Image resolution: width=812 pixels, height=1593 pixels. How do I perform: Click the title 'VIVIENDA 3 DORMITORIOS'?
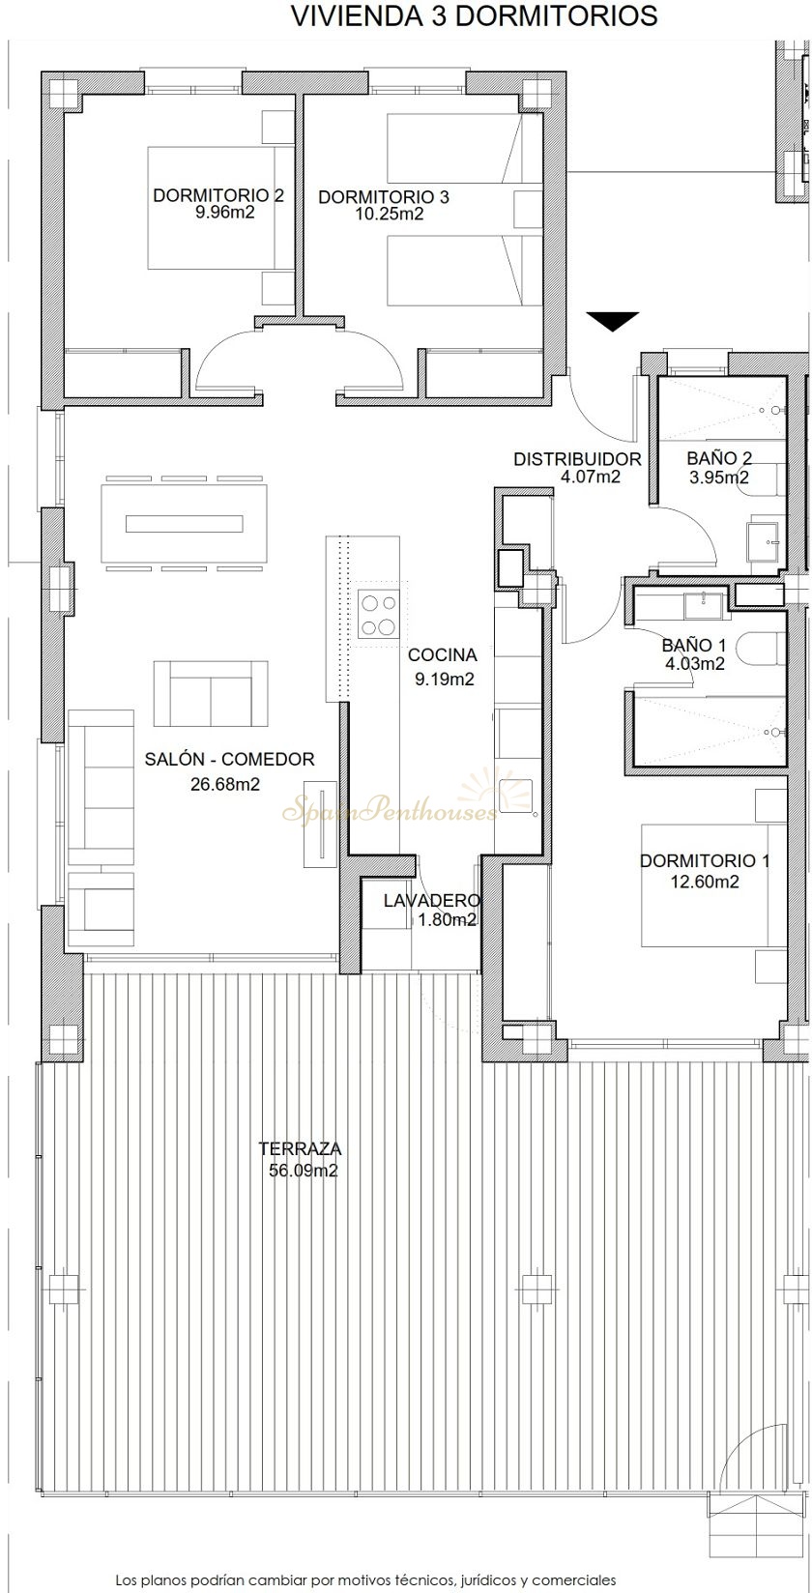point(475,16)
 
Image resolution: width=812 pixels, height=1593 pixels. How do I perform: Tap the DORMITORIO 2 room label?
point(218,195)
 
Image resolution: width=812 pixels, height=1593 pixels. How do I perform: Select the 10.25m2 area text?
point(390,214)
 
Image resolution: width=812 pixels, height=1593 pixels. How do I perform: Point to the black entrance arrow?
point(613,322)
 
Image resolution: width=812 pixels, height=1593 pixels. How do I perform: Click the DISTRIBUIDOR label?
point(577,459)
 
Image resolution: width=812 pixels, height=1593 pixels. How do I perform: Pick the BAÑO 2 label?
point(719,458)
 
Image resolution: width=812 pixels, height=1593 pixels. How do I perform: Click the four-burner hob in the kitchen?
point(378,615)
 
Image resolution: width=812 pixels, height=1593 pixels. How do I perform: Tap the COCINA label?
point(443,654)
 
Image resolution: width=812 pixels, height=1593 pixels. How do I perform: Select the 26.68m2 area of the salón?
point(224,784)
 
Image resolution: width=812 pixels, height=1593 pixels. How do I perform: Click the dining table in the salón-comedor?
point(185,523)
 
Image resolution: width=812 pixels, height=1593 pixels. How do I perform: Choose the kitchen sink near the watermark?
point(515,796)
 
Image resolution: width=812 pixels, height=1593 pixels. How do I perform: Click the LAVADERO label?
point(432,900)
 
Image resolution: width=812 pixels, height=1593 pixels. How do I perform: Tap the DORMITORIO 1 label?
point(705,860)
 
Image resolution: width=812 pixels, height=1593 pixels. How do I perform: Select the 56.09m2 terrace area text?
point(303,1171)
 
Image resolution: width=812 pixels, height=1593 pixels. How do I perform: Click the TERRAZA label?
point(300,1148)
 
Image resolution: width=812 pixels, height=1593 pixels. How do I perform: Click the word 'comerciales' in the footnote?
point(574,1580)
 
